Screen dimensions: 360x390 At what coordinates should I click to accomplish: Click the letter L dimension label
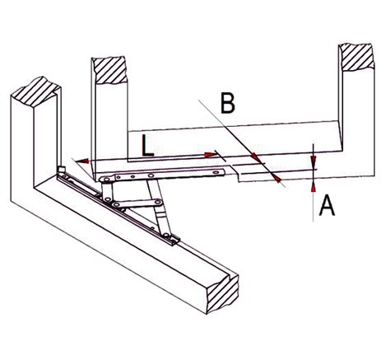tap(145, 146)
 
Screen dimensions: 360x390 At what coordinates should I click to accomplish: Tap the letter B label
tap(228, 104)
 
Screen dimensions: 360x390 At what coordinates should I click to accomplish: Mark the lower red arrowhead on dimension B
tap(277, 178)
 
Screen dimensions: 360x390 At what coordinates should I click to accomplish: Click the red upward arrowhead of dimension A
tap(313, 189)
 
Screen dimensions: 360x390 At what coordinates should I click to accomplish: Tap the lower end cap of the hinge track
tap(174, 240)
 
